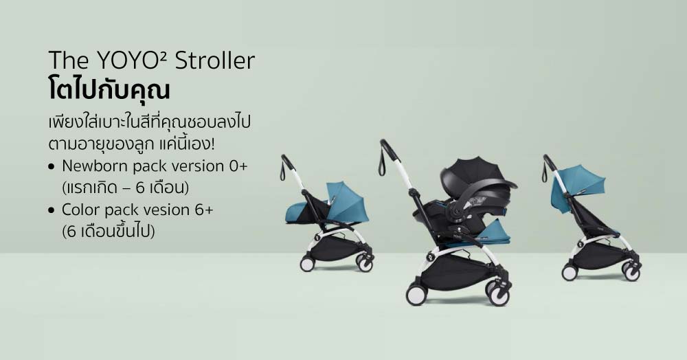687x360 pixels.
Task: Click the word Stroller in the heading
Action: click(214, 60)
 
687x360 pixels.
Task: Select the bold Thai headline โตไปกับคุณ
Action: click(109, 91)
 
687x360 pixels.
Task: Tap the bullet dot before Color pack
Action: click(52, 211)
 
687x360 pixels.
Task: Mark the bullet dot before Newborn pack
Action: click(52, 167)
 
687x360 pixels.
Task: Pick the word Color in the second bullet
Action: click(79, 210)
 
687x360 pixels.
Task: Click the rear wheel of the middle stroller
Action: click(416, 295)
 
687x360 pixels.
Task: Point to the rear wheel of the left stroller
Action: click(307, 264)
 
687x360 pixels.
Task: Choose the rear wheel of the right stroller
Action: click(570, 273)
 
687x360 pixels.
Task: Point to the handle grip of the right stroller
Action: click(550, 162)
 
